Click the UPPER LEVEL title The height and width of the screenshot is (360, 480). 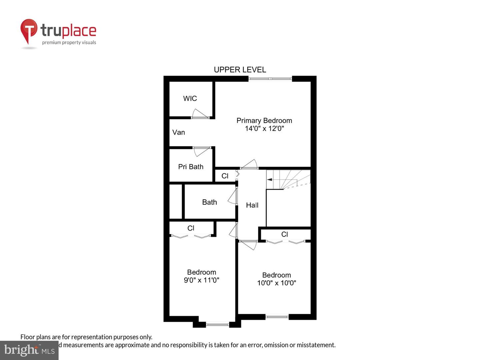click(240, 70)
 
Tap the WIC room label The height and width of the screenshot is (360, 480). click(190, 98)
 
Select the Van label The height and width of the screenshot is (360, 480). click(179, 132)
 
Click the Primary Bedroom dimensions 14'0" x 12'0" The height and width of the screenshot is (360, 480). click(264, 129)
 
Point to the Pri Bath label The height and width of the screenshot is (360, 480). click(191, 167)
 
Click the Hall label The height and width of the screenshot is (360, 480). click(252, 205)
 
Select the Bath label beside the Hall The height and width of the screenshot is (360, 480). click(209, 202)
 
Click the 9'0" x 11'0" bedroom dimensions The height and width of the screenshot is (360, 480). click(201, 280)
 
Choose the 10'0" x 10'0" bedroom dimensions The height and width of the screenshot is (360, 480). click(276, 283)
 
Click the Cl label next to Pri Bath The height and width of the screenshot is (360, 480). click(225, 176)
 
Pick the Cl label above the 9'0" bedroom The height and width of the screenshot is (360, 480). click(191, 228)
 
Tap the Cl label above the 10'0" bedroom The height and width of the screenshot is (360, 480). click(284, 234)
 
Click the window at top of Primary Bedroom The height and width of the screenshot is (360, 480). click(270, 79)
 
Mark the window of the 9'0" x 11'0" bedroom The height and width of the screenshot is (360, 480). click(217, 324)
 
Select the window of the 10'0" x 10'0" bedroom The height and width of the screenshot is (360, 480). click(277, 317)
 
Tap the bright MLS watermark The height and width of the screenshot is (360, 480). click(29, 350)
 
